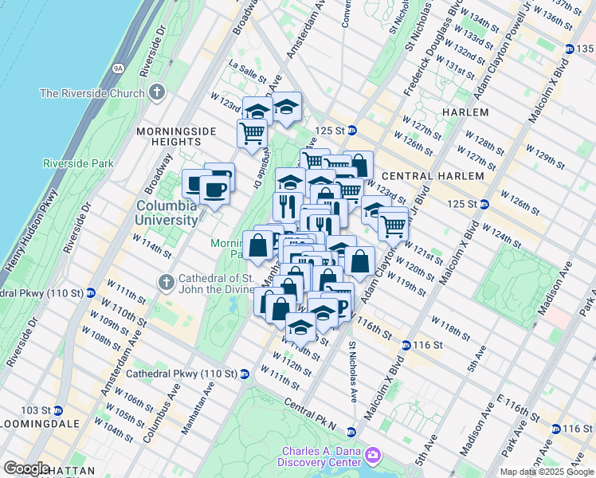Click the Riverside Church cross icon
pyautogui.click(x=156, y=92)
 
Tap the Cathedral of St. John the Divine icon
pyautogui.click(x=166, y=281)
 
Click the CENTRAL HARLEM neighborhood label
pyautogui.click(x=433, y=175)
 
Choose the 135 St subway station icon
pyautogui.click(x=569, y=49)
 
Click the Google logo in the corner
pyautogui.click(x=26, y=468)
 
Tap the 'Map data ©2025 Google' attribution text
pyautogui.click(x=547, y=472)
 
